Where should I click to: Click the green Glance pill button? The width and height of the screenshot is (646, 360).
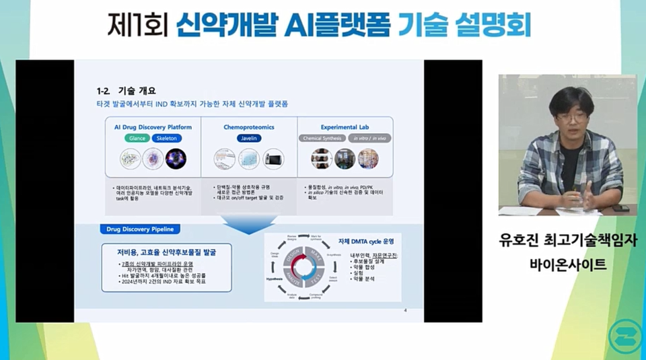pos(136,138)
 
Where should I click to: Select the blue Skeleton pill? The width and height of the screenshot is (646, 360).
pos(167,138)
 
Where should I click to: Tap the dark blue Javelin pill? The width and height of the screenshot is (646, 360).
pos(249,138)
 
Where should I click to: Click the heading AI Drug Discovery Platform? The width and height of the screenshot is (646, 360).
pos(152,127)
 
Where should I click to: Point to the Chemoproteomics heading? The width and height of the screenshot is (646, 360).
pos(249,127)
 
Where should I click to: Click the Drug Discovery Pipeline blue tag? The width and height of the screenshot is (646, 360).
pos(139,229)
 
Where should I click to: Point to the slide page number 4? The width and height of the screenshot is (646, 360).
pos(405,310)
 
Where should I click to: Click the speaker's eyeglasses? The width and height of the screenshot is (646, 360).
pos(573,118)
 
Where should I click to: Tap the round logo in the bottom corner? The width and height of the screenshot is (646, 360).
pos(623,334)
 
